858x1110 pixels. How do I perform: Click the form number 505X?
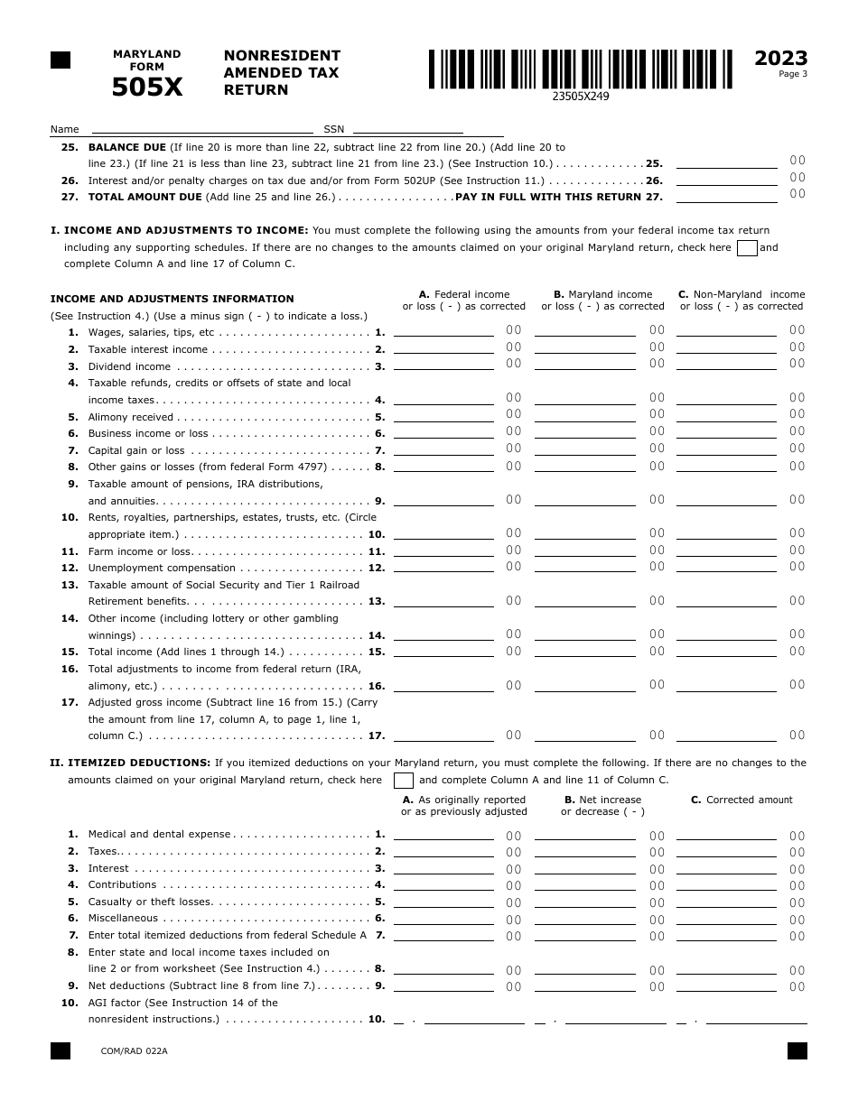point(146,87)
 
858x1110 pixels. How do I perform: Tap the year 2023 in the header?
point(780,59)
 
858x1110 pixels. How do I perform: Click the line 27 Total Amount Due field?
point(726,195)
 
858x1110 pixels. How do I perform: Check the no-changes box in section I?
point(747,248)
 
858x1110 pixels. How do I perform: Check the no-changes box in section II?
point(404,781)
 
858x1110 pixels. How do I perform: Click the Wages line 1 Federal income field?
point(443,331)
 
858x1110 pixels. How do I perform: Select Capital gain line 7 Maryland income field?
point(584,449)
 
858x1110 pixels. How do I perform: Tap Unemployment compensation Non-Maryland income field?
point(726,567)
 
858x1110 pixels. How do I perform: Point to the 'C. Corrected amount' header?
point(741,800)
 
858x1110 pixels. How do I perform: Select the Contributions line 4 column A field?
point(443,884)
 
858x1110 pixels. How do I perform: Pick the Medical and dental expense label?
point(159,834)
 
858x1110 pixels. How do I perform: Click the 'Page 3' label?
point(792,74)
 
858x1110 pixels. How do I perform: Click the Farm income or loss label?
point(140,551)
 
